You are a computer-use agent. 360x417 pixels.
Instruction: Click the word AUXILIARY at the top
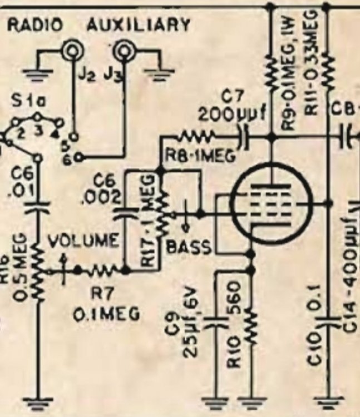pyautogui.click(x=139, y=24)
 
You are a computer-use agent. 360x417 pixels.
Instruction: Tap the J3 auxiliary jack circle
pyautogui.click(x=123, y=52)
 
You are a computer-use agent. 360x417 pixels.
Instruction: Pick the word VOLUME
pyautogui.click(x=84, y=242)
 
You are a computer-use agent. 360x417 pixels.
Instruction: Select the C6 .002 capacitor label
pyautogui.click(x=105, y=189)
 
